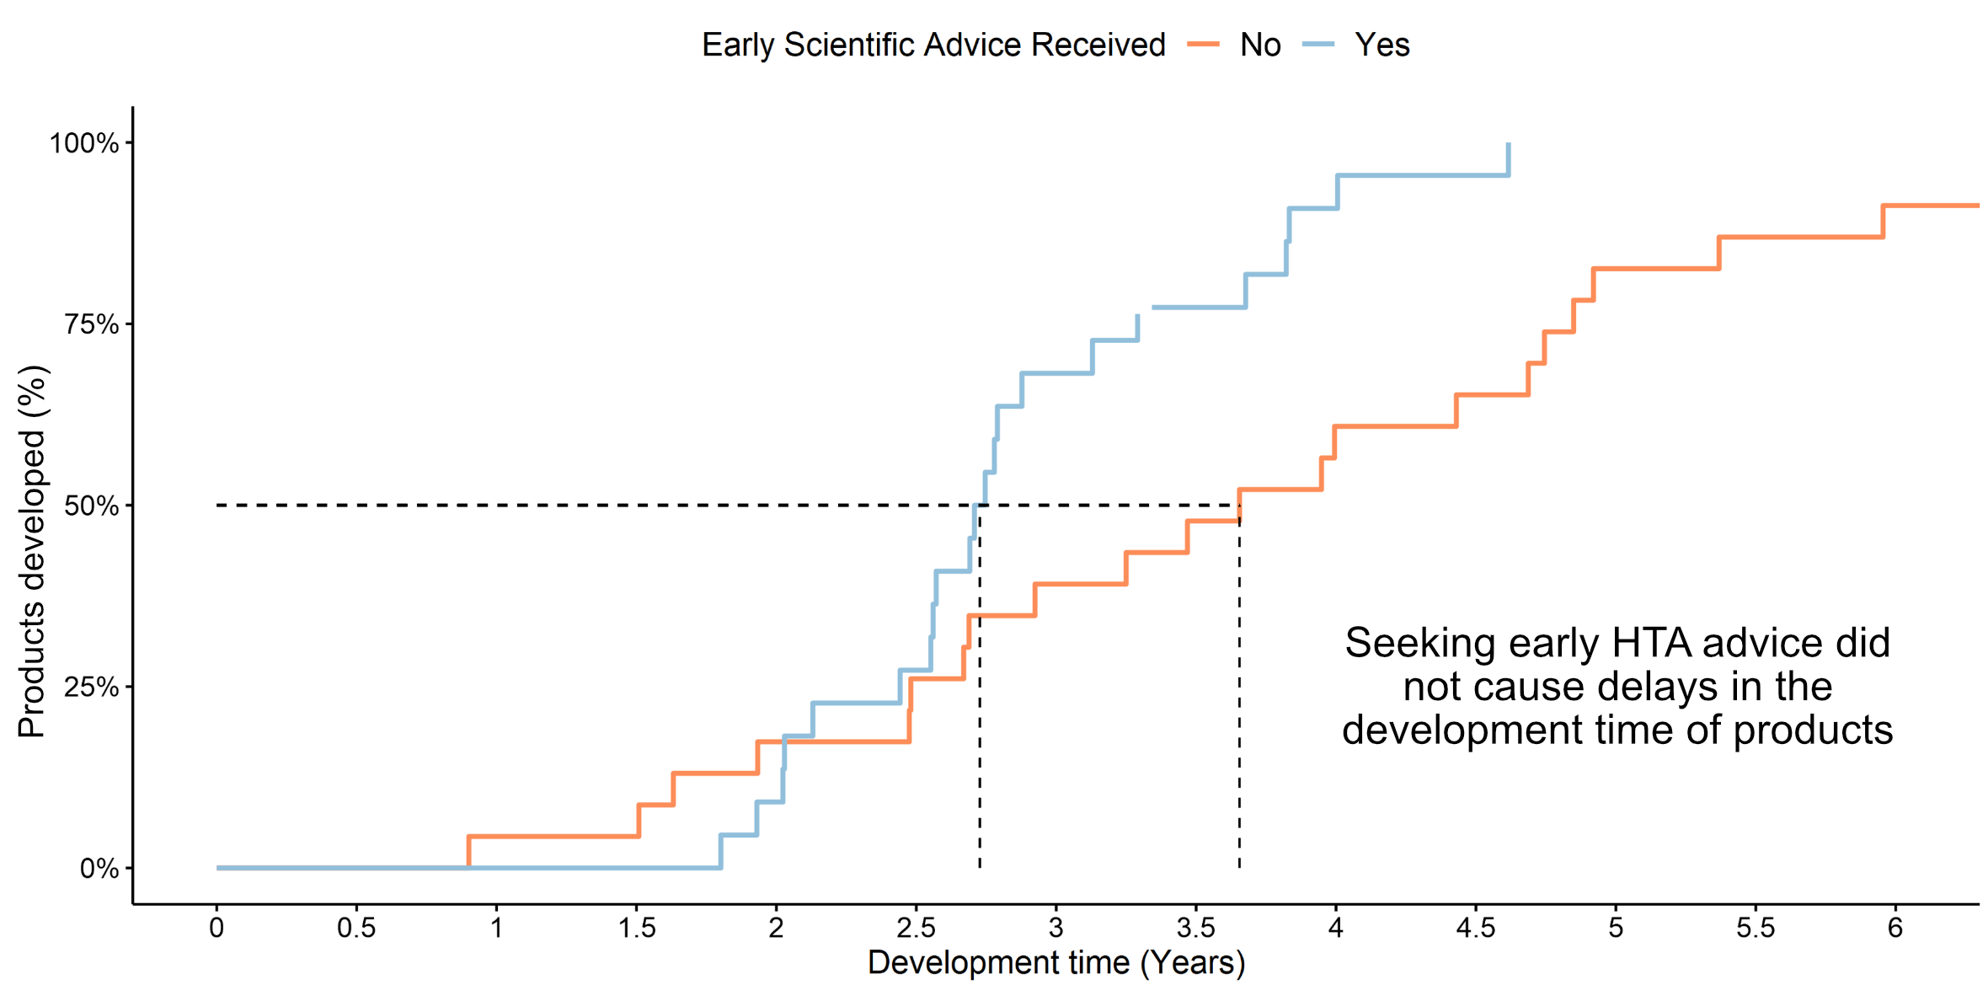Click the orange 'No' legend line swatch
point(1203,45)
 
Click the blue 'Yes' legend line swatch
point(1318,45)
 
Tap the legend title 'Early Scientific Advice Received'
point(933,45)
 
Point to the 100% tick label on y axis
point(84,143)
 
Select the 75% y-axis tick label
point(92,324)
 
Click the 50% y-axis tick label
point(92,506)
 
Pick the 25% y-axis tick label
point(92,688)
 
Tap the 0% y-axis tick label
point(99,869)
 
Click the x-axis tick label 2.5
point(916,928)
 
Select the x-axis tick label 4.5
point(1475,928)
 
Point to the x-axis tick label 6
point(1895,928)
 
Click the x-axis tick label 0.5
point(356,928)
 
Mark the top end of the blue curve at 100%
point(1508,146)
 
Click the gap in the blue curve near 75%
point(1146,310)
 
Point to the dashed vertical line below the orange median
point(1239,699)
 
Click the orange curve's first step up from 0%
point(468,851)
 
